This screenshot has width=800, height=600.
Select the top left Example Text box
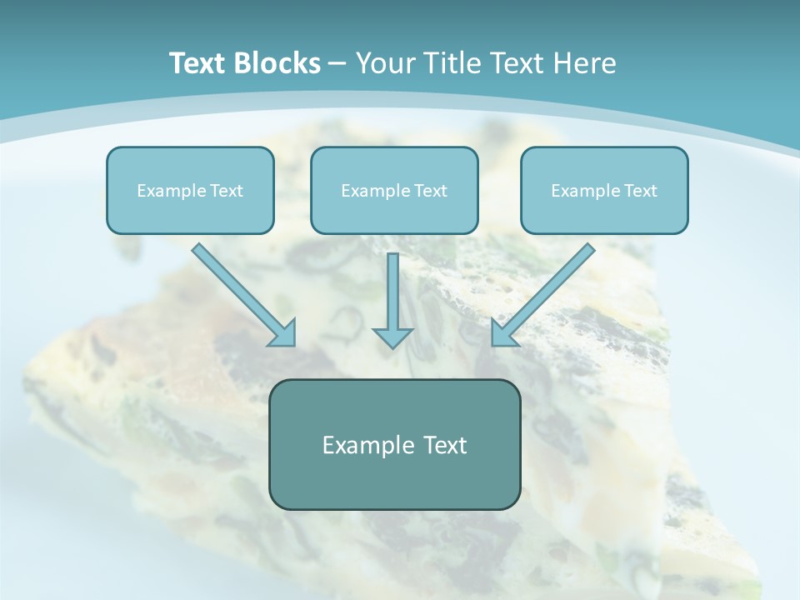[x=190, y=190]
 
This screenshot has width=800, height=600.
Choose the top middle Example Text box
[x=394, y=190]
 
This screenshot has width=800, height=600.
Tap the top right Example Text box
[x=604, y=190]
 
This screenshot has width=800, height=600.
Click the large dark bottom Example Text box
[x=394, y=444]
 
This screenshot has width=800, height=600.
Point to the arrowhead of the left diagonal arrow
[x=284, y=334]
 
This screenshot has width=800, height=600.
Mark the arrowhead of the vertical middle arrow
[x=392, y=337]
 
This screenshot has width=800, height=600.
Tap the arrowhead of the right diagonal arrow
[x=502, y=334]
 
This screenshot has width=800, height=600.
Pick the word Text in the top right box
[x=640, y=191]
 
